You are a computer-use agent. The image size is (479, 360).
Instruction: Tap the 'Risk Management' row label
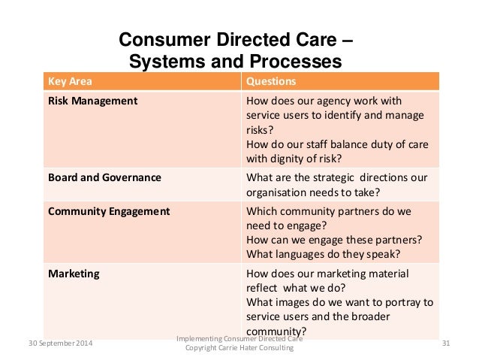92,101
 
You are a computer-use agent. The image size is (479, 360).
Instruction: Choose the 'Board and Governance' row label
104,178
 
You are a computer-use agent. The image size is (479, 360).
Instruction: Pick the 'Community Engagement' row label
109,212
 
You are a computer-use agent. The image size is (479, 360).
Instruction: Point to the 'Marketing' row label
74,274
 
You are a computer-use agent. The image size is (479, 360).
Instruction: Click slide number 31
447,343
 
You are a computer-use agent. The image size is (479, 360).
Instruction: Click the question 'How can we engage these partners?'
333,241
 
